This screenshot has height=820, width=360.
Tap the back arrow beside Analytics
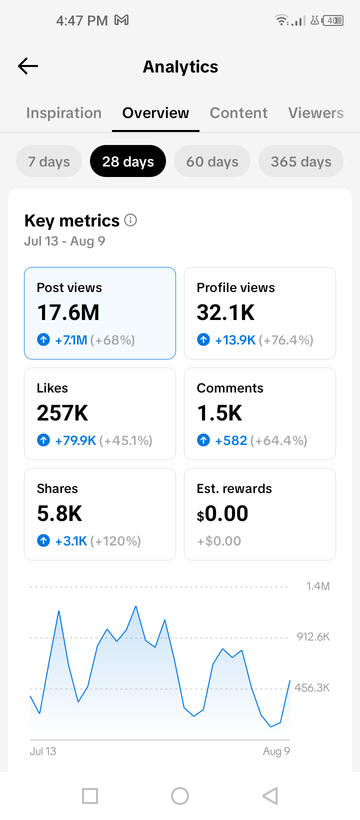(28, 66)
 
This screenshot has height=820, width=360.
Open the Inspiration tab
(63, 113)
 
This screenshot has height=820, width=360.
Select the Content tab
(238, 113)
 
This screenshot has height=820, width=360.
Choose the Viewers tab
(315, 113)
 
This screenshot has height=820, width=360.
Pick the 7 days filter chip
(48, 161)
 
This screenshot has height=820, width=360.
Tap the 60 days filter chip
(212, 161)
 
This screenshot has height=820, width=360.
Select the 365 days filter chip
(300, 161)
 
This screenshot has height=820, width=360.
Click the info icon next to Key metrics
(130, 220)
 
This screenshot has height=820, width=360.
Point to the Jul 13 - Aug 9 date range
(65, 241)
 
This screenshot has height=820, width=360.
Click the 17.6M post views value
(68, 312)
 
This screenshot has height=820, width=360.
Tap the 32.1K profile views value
(225, 312)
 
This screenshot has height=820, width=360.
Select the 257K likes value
(62, 413)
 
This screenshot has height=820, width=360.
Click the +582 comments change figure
(231, 440)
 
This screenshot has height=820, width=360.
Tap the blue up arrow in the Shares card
(43, 540)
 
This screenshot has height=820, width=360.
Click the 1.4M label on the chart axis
(318, 586)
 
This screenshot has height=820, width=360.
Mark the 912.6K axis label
(313, 637)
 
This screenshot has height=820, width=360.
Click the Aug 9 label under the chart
(276, 751)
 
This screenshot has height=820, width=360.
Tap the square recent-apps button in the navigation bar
(90, 796)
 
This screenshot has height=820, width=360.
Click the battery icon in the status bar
(333, 20)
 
